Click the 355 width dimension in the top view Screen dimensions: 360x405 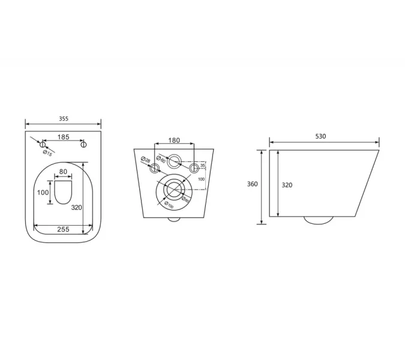point(64,119)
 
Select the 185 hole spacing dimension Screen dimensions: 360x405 point(63,137)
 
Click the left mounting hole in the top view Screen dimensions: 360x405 point(42,145)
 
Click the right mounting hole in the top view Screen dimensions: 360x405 point(83,145)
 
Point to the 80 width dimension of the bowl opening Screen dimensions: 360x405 point(63,172)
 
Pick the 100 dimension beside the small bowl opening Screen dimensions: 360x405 point(42,193)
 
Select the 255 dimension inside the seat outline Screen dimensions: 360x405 point(63,229)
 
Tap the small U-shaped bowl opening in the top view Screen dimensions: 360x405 point(63,193)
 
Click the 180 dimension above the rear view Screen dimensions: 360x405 point(174,140)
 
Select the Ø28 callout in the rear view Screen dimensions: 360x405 point(145,160)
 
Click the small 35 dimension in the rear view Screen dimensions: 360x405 point(203,166)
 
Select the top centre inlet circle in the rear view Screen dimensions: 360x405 point(175,161)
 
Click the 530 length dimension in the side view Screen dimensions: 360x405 point(320,136)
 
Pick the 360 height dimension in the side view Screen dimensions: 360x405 point(253,184)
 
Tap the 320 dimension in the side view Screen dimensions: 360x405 point(287,185)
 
